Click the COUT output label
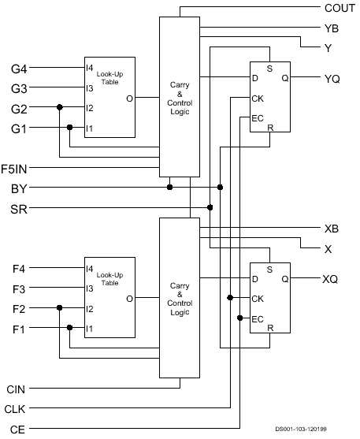pyautogui.click(x=340, y=8)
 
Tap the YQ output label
pyautogui.click(x=332, y=79)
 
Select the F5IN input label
pyautogui.click(x=14, y=169)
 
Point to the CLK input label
pyautogui.click(x=15, y=409)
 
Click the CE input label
pyautogui.click(x=17, y=430)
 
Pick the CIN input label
pyautogui.click(x=16, y=389)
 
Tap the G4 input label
pyautogui.click(x=19, y=69)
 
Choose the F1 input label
pyautogui.click(x=19, y=329)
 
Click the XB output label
pyautogui.click(x=332, y=229)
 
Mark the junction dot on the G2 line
pyautogui.click(x=59, y=107)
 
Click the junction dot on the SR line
pyautogui.click(x=210, y=207)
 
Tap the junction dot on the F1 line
pyautogui.click(x=69, y=328)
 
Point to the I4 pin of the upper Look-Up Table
pyautogui.click(x=89, y=68)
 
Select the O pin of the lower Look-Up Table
pyautogui.click(x=129, y=299)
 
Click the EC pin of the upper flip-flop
pyautogui.click(x=258, y=118)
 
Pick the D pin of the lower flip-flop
pyautogui.click(x=254, y=279)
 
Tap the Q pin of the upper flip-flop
pyautogui.click(x=284, y=78)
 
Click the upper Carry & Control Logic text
pyautogui.click(x=180, y=98)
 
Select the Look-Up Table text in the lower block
pyautogui.click(x=109, y=279)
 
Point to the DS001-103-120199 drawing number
pyautogui.click(x=301, y=429)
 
